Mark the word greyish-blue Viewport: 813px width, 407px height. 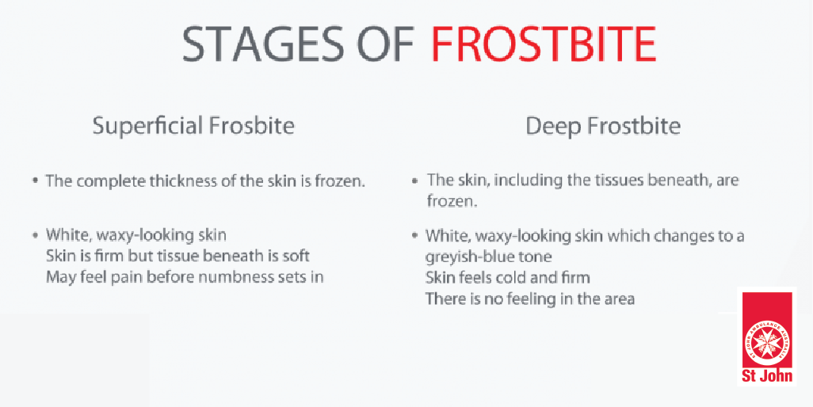[469, 257]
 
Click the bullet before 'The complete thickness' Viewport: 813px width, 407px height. [35, 182]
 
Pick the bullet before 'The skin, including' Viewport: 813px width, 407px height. [414, 182]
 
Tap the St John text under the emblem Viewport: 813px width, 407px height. [767, 375]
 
